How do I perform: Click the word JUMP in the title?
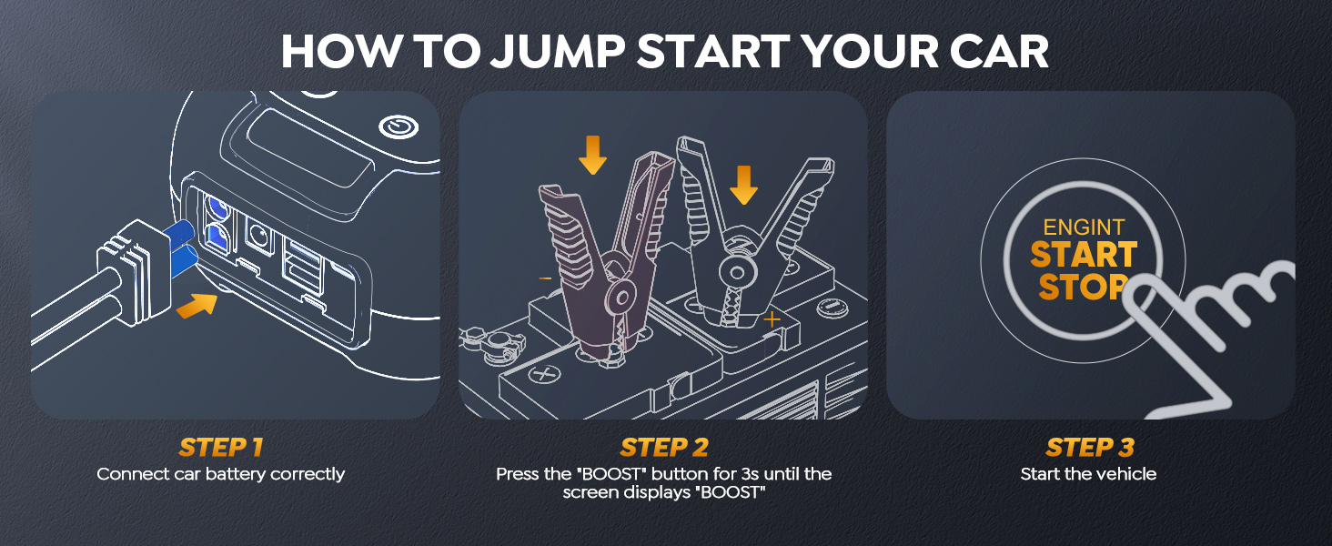[558, 52]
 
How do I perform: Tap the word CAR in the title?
[999, 52]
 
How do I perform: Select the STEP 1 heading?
[220, 448]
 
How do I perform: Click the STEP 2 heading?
[664, 448]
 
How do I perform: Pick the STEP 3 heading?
[1090, 448]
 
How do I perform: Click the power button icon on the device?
[399, 126]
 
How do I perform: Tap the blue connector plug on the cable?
[182, 248]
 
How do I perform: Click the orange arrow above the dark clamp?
[593, 155]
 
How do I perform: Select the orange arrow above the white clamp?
[743, 185]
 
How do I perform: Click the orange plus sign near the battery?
[772, 320]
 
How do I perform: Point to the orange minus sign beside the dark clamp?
[545, 278]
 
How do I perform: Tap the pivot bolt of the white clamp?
[737, 272]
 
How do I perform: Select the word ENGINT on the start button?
[1084, 227]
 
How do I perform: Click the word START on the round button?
[1084, 255]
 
